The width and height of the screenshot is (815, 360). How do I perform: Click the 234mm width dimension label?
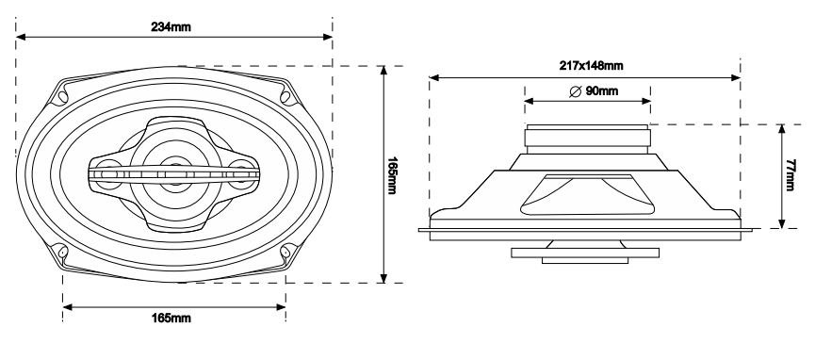point(171,25)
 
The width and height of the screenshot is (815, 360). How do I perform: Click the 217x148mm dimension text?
point(584,66)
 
